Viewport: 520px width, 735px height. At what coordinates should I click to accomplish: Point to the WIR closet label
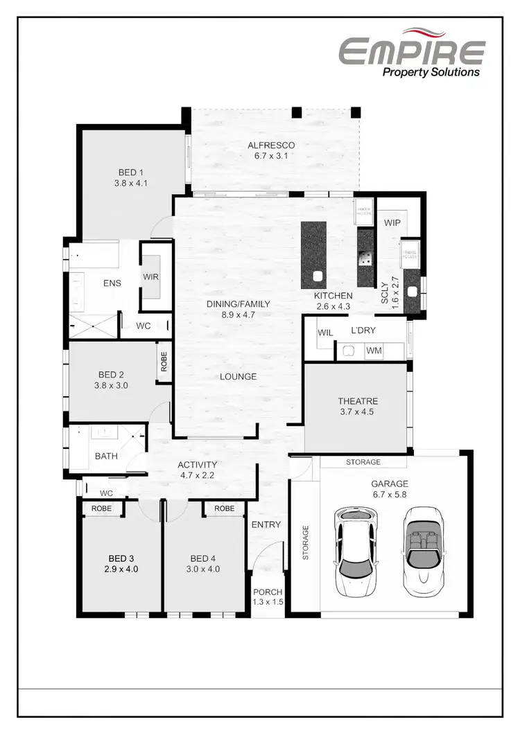tap(151, 277)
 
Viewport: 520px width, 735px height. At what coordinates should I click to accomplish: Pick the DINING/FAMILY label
tap(238, 304)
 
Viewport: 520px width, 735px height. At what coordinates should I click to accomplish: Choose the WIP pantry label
tap(393, 223)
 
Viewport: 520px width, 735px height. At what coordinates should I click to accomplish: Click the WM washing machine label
tap(374, 351)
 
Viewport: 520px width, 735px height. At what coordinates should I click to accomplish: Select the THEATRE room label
tap(358, 401)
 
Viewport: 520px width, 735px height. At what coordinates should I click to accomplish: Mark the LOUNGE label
tap(239, 377)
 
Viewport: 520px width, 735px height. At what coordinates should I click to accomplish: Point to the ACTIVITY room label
tap(198, 465)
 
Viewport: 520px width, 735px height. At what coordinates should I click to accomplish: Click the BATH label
tap(106, 456)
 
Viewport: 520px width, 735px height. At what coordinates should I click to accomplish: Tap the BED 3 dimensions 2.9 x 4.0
tap(122, 569)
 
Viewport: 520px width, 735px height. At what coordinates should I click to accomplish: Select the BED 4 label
tap(204, 558)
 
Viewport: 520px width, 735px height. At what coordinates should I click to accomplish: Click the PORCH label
tap(267, 592)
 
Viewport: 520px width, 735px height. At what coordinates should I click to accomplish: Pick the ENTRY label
tap(266, 524)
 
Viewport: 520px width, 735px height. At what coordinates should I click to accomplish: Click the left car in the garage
tap(358, 551)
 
